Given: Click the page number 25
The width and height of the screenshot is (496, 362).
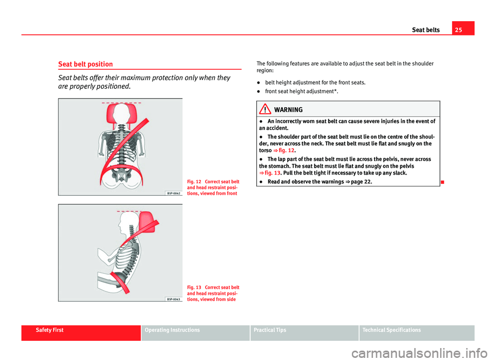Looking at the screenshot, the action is coord(458,30).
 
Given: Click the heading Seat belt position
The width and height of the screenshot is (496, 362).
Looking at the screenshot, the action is coord(85,64).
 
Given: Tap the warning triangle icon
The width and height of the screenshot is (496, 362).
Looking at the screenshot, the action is coord(265,109).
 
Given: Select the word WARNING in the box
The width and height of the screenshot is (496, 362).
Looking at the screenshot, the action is coord(288,109).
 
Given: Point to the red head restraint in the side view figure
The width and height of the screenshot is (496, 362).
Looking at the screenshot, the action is coord(147,222).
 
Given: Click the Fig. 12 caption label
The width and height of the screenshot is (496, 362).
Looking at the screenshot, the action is coord(194,182).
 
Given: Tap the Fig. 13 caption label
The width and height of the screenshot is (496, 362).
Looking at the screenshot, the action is coord(194,288).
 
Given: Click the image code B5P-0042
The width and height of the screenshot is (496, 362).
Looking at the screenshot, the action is coord(174,193).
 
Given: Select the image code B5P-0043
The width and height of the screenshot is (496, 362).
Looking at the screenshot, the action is coord(174,299).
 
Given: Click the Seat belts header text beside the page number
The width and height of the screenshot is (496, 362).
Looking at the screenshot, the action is coord(426,30).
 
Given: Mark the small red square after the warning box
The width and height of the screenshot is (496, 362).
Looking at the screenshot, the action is coord(442,182).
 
